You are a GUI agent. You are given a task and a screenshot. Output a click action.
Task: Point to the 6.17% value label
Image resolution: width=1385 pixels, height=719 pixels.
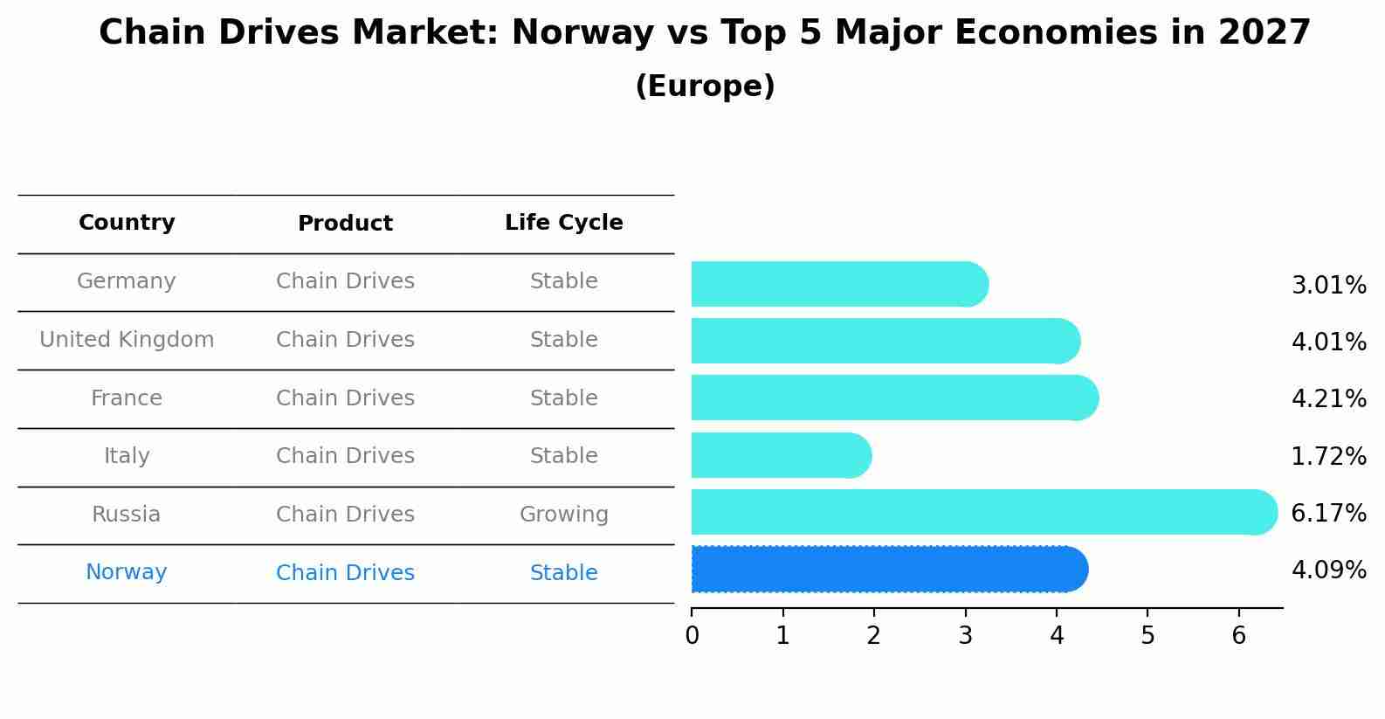pos(1328,513)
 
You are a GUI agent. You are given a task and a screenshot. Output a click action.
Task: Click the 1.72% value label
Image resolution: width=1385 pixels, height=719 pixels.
pos(1328,456)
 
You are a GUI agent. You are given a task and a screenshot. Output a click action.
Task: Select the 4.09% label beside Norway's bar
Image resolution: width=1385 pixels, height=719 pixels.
pos(1328,570)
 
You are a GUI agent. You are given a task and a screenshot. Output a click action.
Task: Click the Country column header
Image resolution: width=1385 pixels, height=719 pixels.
pos(127,223)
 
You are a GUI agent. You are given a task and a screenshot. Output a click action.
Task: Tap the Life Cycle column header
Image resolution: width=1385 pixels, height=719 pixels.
pos(563,223)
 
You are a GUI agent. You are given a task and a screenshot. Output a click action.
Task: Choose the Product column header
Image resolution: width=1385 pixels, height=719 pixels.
pos(345,224)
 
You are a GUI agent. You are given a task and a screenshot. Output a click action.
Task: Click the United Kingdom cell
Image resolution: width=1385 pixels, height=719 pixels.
pos(127,340)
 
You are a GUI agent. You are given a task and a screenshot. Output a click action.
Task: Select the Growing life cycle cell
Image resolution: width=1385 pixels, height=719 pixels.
pos(563,515)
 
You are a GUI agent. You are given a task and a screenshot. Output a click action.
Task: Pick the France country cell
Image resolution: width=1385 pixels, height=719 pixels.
pos(127,398)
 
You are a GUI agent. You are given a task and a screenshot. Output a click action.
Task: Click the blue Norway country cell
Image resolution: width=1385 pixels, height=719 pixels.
pos(127,572)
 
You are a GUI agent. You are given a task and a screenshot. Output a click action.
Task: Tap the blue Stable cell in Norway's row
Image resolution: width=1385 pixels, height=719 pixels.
pos(563,573)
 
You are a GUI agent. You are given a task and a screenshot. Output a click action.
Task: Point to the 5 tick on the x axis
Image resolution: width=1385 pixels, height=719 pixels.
pos(1147,635)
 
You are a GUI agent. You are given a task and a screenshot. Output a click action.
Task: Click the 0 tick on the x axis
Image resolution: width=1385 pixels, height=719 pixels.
pos(692,635)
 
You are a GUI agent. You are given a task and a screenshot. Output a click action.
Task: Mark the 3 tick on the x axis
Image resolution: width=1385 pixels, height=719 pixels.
pos(965,635)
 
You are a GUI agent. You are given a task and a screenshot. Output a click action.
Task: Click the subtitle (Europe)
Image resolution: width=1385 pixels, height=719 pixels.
pos(705,86)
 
